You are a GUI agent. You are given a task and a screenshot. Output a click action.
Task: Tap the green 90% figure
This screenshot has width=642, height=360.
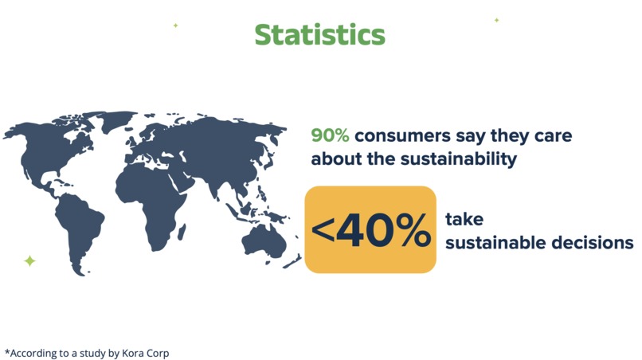[x=330, y=135]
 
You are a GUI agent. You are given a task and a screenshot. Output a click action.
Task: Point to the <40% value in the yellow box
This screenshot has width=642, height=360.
[x=370, y=230]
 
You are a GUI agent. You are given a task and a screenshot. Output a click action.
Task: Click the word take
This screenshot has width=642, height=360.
[x=464, y=218]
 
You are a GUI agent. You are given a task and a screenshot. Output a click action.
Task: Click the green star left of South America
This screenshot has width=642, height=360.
[x=29, y=260]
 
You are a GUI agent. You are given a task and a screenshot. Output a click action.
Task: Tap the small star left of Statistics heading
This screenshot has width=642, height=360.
[x=175, y=25]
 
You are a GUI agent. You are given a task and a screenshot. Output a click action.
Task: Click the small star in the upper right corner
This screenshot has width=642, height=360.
[x=496, y=19]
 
